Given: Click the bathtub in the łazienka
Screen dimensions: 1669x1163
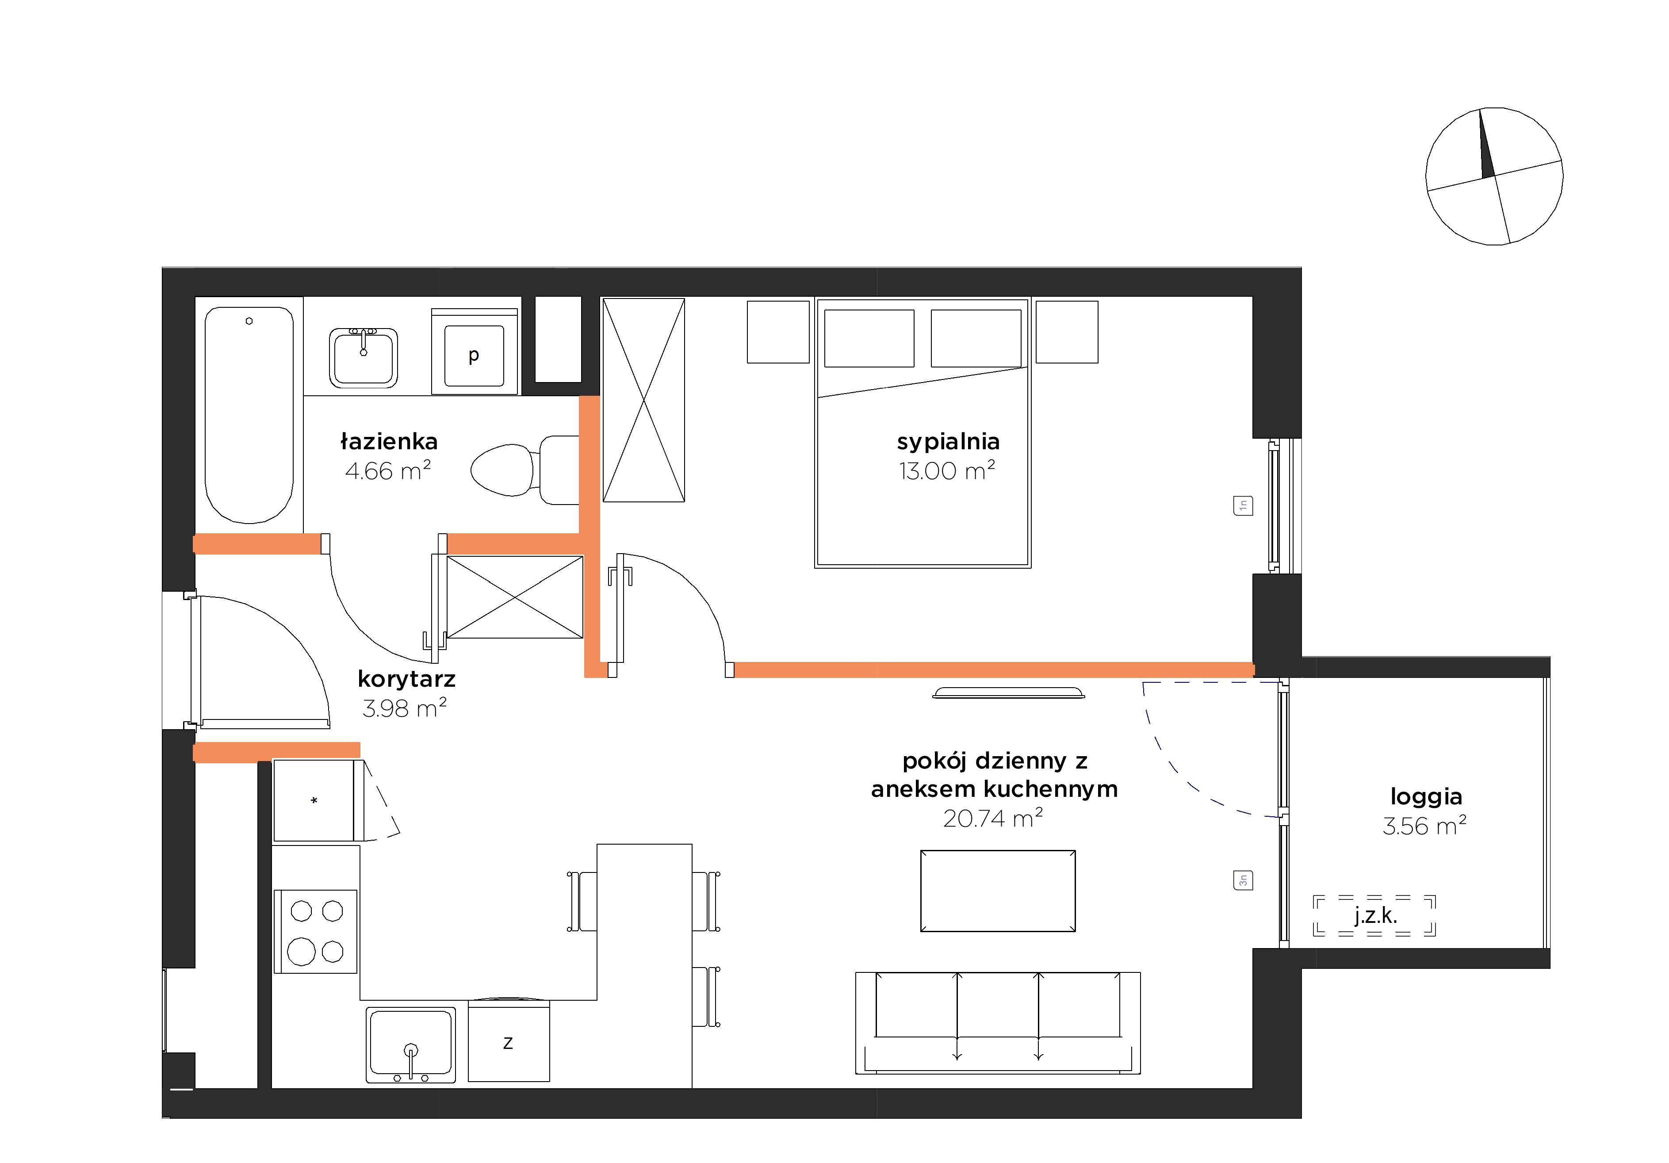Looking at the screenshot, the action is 249,414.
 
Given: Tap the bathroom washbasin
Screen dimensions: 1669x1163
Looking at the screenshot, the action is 364,358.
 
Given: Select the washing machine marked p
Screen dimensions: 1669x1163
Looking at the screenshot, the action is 474,352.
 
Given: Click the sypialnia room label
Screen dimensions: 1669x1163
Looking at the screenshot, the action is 948,442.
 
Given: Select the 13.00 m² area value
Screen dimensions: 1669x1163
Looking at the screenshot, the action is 947,471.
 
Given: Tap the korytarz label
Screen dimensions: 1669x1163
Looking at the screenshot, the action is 406,679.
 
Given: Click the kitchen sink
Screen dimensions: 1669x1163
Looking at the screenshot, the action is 411,1044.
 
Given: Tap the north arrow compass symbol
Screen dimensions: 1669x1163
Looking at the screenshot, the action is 1495,176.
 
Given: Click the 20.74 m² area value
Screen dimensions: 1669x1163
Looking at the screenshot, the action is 993,819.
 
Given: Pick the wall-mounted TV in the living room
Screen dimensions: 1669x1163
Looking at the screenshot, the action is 1008,692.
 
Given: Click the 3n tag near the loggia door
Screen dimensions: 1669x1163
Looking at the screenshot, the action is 1243,880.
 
